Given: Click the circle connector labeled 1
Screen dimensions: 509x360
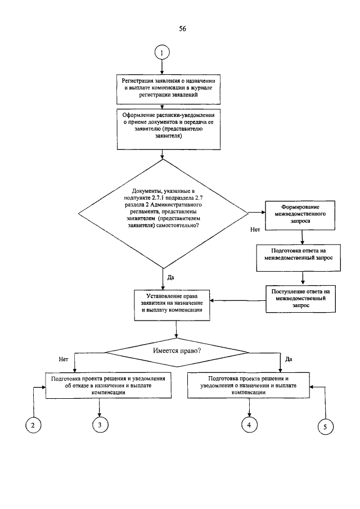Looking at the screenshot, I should [162, 53].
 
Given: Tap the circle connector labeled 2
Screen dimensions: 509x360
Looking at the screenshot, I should [33, 425].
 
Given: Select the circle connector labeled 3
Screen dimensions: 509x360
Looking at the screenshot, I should [99, 425].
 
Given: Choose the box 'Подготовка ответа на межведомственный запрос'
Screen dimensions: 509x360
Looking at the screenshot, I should [303, 253].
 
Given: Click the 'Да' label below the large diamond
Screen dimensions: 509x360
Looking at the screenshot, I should [171, 277].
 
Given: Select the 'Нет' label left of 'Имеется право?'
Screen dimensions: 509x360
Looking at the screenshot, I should [63, 358].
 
